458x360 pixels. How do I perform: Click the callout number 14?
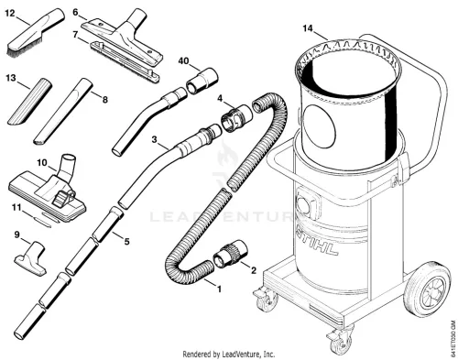(308, 28)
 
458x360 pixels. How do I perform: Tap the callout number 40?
(183, 61)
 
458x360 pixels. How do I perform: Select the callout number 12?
(10, 14)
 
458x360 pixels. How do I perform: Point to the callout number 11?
(16, 208)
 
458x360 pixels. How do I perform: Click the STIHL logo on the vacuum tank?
(318, 242)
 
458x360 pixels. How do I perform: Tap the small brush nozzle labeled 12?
(35, 33)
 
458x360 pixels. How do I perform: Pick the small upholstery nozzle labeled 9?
(31, 258)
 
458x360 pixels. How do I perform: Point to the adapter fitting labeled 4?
(237, 118)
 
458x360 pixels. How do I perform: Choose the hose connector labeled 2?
(231, 255)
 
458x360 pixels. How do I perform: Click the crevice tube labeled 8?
(62, 112)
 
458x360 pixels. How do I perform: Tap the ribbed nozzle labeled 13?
(29, 102)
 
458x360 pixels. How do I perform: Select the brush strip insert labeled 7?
(125, 62)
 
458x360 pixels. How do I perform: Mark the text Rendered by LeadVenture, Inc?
(229, 355)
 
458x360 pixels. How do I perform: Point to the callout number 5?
(126, 242)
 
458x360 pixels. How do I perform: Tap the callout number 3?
(154, 139)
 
